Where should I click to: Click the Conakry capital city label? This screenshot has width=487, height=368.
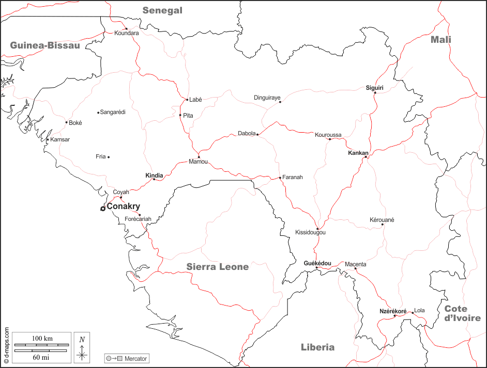(x=123, y=206)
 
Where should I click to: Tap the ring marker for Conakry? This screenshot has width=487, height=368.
(x=103, y=209)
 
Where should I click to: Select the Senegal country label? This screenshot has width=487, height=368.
(x=162, y=10)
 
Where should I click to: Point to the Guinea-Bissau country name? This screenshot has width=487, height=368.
(x=45, y=45)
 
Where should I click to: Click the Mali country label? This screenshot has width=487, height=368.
(x=441, y=40)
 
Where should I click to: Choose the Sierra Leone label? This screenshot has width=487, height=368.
(x=218, y=267)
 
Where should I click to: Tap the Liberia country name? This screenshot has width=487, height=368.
(x=317, y=347)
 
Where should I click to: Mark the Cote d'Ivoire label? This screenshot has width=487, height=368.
(x=462, y=313)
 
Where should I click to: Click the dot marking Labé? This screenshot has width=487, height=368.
(x=187, y=100)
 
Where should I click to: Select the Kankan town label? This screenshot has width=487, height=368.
(x=358, y=153)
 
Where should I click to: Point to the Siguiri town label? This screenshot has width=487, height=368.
(x=375, y=88)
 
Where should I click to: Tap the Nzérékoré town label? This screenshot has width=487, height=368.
(x=393, y=311)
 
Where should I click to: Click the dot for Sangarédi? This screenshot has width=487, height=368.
(x=98, y=112)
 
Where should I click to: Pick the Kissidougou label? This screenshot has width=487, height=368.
(x=310, y=233)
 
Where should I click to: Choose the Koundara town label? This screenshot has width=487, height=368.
(x=127, y=33)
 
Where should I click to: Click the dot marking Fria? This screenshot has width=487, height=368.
(x=109, y=157)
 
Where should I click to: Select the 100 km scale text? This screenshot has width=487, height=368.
(x=42, y=338)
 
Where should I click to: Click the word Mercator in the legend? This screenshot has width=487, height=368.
(x=136, y=358)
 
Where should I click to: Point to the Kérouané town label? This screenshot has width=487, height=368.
(x=382, y=220)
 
